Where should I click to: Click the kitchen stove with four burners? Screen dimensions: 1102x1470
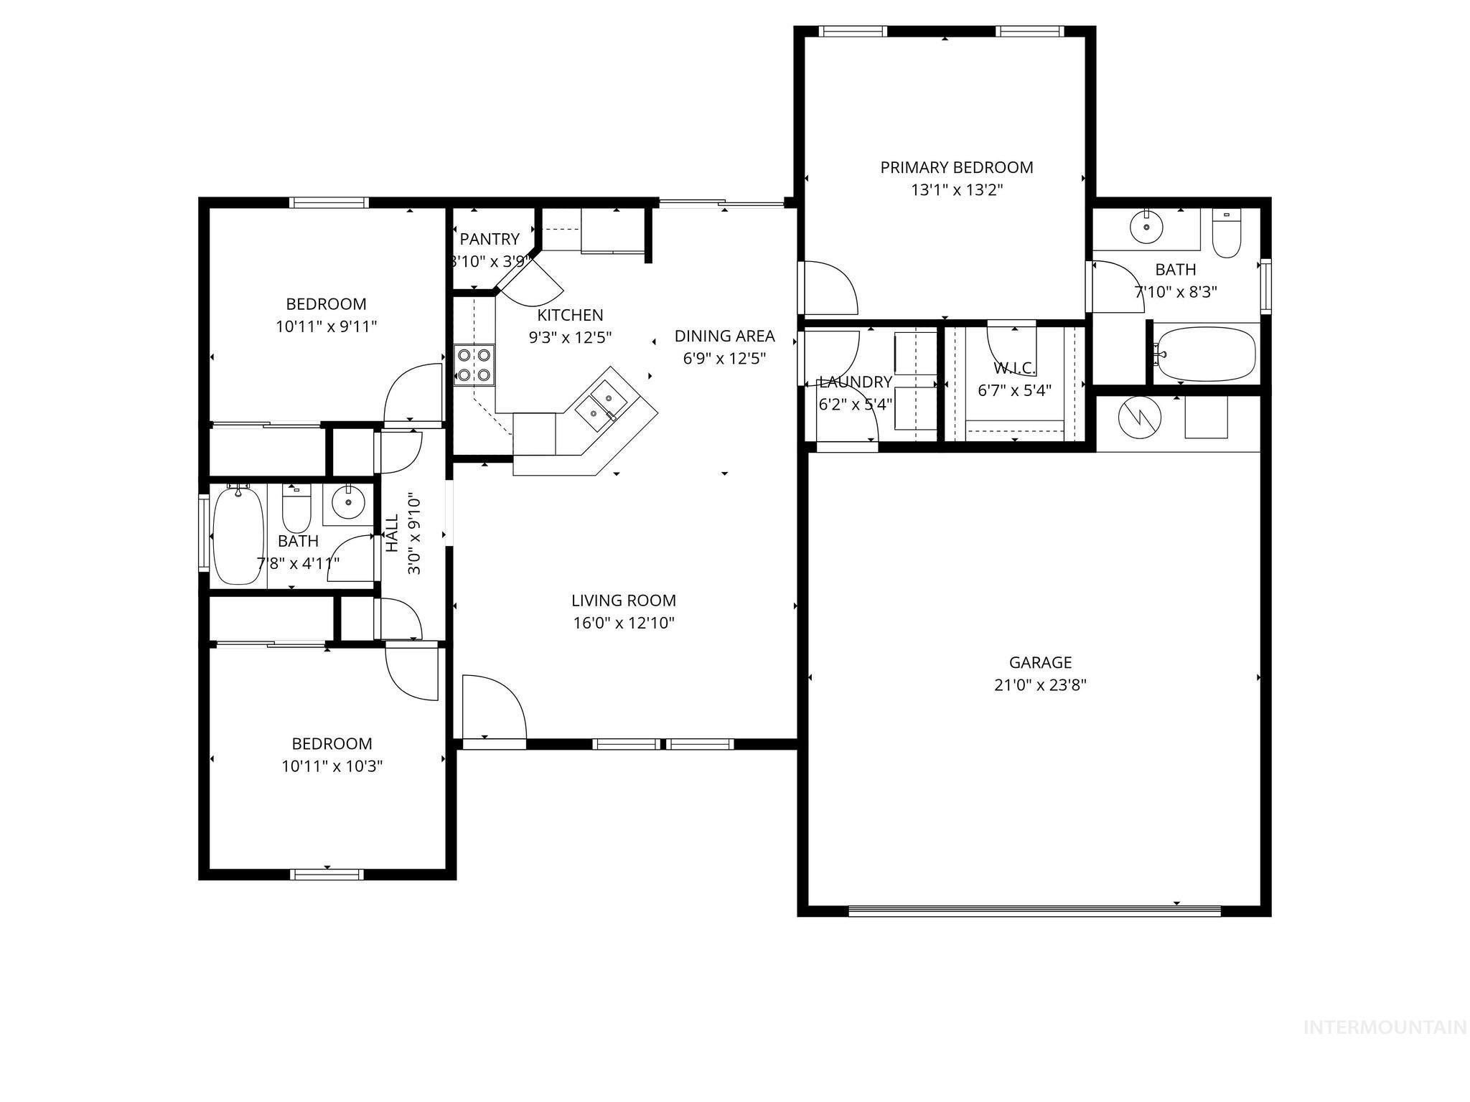click(x=474, y=364)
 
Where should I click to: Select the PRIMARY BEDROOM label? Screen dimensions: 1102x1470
click(x=956, y=167)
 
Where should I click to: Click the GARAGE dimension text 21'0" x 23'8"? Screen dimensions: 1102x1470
click(x=1039, y=685)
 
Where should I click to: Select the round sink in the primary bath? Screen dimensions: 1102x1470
click(x=1146, y=227)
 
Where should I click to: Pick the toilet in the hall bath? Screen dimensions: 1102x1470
click(x=295, y=507)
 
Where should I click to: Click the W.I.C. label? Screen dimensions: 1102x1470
click(x=1014, y=369)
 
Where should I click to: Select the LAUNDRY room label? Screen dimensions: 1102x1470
click(x=855, y=382)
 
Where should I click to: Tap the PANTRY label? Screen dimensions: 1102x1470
click(x=490, y=239)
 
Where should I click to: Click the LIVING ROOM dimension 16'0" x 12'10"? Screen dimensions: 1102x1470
click(x=623, y=623)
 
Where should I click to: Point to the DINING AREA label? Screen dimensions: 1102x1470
click(x=724, y=336)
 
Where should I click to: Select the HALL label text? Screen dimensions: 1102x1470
click(x=392, y=533)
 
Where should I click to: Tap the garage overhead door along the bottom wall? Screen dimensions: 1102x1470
click(x=1034, y=911)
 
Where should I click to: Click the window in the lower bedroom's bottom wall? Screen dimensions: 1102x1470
click(x=327, y=874)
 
